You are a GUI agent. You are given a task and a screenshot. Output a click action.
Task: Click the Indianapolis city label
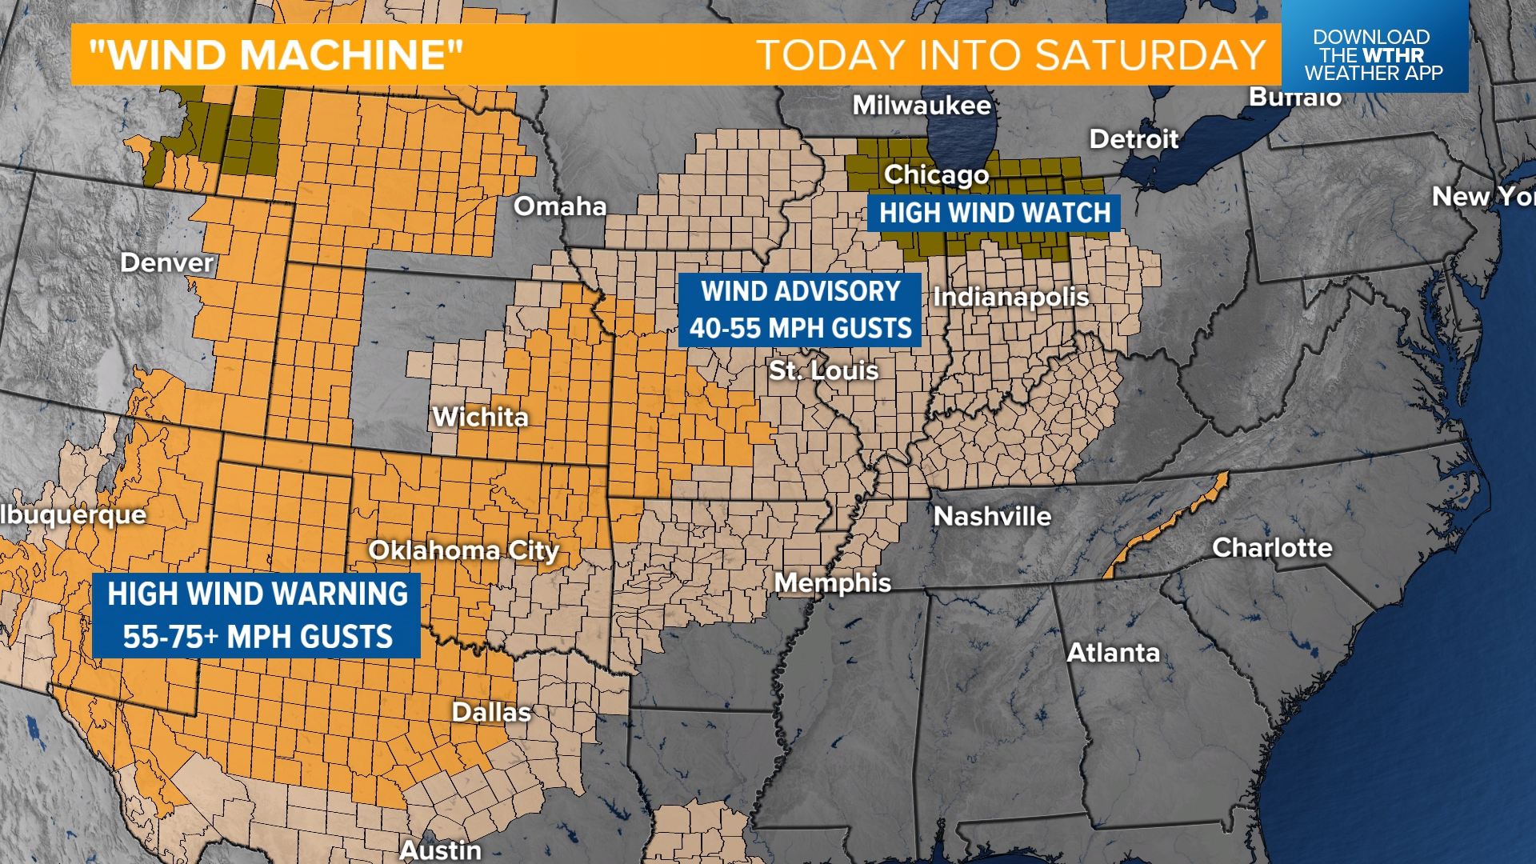coord(1010,298)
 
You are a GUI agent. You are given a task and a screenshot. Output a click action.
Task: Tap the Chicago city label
coord(936,174)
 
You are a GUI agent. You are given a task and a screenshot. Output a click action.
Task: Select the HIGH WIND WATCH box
coord(994,213)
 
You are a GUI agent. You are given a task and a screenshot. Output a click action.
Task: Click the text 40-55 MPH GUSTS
coord(800,328)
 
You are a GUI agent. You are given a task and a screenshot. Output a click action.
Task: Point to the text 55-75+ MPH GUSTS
coord(257,637)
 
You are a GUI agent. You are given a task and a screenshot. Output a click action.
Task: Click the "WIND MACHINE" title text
coord(276,55)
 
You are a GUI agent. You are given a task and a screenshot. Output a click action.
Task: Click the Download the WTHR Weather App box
coord(1373,54)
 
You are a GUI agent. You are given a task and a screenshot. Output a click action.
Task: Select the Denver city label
coord(166,262)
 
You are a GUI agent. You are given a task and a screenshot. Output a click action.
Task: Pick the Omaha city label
coord(560,206)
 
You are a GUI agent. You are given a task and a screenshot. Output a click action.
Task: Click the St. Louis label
coord(823,370)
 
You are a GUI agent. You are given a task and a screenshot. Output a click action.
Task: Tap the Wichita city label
coord(480,417)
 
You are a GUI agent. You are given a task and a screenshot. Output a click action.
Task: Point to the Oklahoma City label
coord(463,550)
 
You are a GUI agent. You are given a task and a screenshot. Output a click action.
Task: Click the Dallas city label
coord(491,712)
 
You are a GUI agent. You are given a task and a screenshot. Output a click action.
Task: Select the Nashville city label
coord(992,516)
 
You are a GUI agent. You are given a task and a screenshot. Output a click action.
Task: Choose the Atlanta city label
coord(1113,653)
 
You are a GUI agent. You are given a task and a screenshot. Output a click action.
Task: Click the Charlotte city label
coord(1272,547)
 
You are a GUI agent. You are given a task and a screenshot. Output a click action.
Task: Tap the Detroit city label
coord(1134,139)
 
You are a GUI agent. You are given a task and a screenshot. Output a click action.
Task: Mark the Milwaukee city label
coord(922,105)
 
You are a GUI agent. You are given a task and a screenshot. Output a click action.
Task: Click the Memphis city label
coord(833,582)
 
